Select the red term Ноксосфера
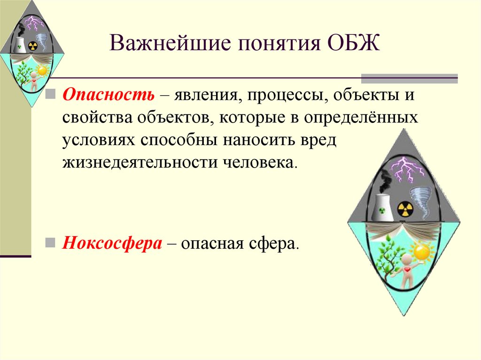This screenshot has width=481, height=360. pos(113,244)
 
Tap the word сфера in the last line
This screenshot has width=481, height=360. pos(277,244)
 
